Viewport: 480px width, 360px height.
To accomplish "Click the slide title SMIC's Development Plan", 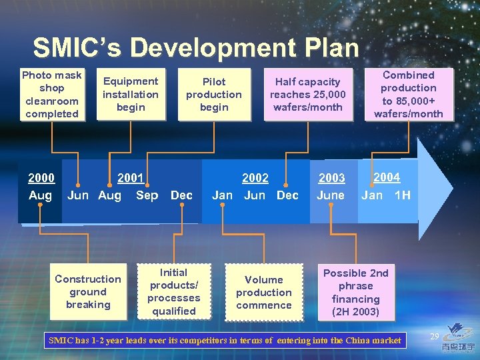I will coord(195,48).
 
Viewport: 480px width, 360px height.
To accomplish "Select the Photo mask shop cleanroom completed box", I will coord(51,95).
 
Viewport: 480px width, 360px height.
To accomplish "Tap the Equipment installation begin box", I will coord(130,94).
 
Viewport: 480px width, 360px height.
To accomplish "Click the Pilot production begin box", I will coord(213,94).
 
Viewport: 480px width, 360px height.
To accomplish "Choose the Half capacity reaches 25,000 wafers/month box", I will coord(307,94).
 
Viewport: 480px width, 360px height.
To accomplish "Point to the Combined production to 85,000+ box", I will coord(408,94).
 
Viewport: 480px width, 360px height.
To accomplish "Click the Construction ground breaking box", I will coord(88,292).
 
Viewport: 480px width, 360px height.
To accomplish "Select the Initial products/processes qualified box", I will coord(173,292).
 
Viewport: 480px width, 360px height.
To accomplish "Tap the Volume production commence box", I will coord(263,293).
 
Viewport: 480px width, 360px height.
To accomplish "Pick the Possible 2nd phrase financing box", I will coord(355,293).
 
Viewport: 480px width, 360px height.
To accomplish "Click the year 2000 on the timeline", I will coord(41,177).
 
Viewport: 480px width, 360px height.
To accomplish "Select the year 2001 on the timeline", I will coord(131,177).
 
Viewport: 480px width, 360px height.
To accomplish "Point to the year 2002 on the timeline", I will coord(255,177).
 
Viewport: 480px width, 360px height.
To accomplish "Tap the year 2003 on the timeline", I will coord(331,178).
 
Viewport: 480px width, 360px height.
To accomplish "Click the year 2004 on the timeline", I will coord(387,177).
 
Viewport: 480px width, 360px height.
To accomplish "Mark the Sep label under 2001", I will coord(147,195).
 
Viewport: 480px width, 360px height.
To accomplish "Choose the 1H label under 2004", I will coord(403,195).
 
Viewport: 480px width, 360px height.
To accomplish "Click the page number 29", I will coord(434,336).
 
